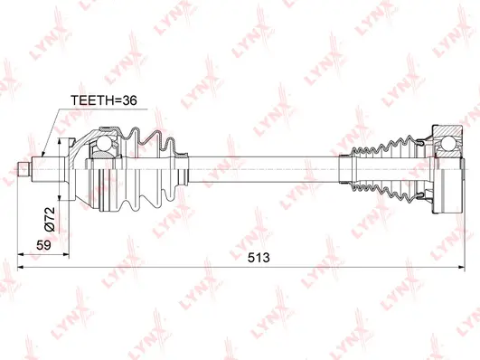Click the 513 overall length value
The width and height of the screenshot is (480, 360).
point(259,258)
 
